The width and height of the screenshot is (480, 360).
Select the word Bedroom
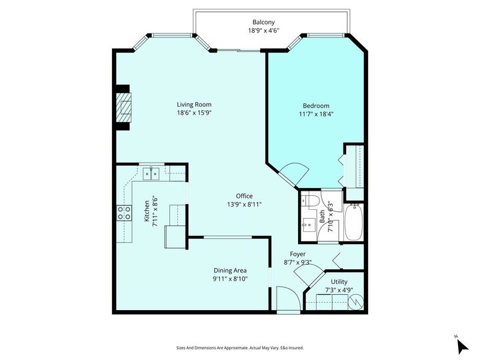pyautogui.click(x=316, y=105)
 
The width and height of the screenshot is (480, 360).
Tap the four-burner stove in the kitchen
pyautogui.click(x=124, y=213)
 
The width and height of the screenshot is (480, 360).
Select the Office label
pyautogui.click(x=244, y=195)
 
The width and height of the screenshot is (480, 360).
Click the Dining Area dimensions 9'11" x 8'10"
pyautogui.click(x=230, y=279)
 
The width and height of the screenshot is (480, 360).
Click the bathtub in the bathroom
pyautogui.click(x=353, y=223)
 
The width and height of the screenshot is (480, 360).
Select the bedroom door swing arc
pyautogui.click(x=295, y=172)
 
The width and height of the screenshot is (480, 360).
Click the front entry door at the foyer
pyautogui.click(x=287, y=299)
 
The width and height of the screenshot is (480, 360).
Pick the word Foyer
pyautogui.click(x=297, y=254)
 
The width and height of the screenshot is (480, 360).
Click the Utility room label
pyautogui.click(x=339, y=282)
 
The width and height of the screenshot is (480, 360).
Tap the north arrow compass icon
pyautogui.click(x=459, y=345)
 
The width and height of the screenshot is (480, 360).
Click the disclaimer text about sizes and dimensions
pyautogui.click(x=239, y=347)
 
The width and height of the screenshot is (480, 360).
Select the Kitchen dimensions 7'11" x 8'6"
pyautogui.click(x=155, y=211)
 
